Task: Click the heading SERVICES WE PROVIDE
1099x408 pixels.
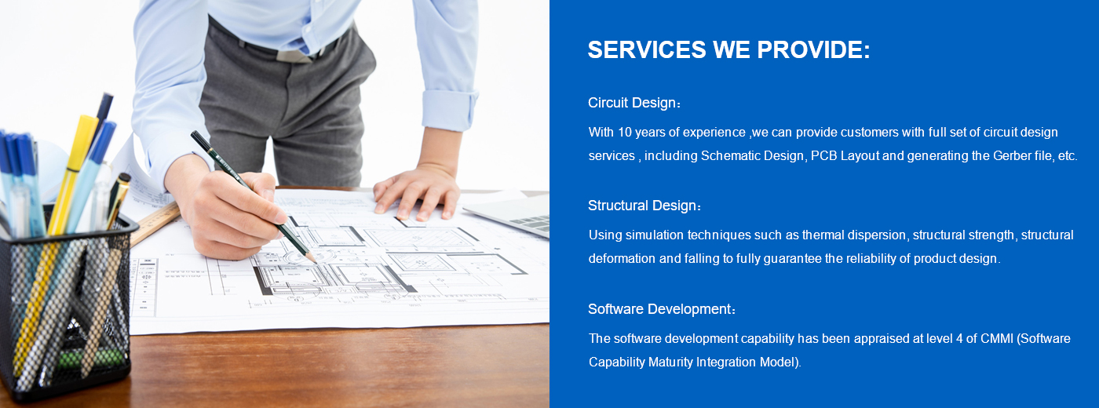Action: (728, 49)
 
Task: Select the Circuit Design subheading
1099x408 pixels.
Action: (634, 103)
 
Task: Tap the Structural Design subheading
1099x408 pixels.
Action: (644, 206)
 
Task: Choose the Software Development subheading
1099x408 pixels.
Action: (662, 309)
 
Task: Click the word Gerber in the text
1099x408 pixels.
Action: (1011, 156)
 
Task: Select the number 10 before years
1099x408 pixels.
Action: (625, 133)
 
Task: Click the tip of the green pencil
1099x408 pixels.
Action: (315, 261)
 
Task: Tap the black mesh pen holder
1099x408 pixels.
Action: (66, 310)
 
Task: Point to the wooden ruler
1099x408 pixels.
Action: (155, 223)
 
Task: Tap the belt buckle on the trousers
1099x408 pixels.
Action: (293, 55)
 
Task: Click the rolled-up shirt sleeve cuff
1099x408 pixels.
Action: (449, 111)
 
